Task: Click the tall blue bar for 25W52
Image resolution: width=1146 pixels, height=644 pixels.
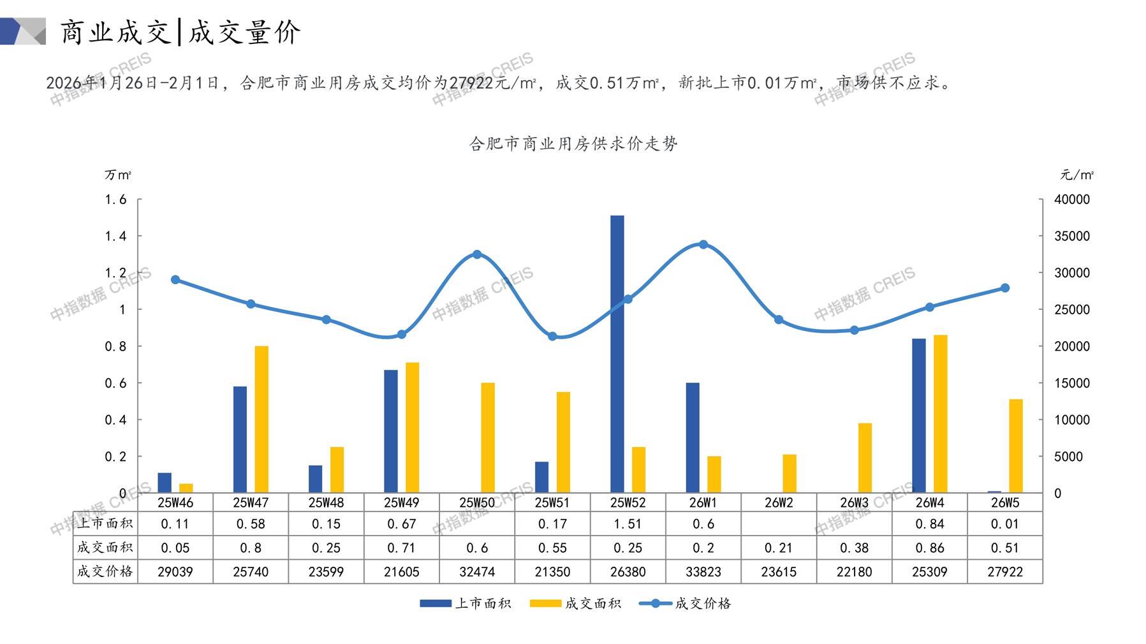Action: (x=617, y=354)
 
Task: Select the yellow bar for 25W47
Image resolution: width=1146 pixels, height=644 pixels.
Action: (x=261, y=419)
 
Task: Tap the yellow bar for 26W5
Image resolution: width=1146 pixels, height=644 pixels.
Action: (x=1016, y=446)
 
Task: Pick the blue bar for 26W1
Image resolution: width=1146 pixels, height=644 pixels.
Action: (x=693, y=437)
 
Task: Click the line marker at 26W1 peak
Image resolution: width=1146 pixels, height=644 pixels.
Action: (x=703, y=244)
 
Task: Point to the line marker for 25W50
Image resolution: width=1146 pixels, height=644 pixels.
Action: (x=477, y=254)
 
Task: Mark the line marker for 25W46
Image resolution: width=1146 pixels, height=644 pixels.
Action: (x=175, y=280)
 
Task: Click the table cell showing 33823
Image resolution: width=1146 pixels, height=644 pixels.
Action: (x=703, y=572)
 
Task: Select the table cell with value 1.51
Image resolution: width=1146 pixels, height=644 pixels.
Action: (x=628, y=524)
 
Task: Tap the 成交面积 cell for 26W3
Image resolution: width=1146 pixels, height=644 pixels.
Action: (x=854, y=548)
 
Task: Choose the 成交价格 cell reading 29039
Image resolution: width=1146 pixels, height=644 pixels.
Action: (x=175, y=572)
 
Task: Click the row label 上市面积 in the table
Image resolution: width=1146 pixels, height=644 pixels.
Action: (x=105, y=524)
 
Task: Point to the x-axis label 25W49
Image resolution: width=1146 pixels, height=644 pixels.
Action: (x=402, y=502)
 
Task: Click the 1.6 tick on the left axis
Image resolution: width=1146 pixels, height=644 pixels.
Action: (x=116, y=200)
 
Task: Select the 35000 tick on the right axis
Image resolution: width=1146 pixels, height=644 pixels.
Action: (x=1072, y=236)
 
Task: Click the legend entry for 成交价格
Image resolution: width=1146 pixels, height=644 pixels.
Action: (x=686, y=603)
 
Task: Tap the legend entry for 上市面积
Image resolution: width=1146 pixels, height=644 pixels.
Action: (x=466, y=603)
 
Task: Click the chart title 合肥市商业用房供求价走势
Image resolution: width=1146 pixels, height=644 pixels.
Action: (x=573, y=144)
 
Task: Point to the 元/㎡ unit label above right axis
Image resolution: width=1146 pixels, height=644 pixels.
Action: (x=1077, y=175)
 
